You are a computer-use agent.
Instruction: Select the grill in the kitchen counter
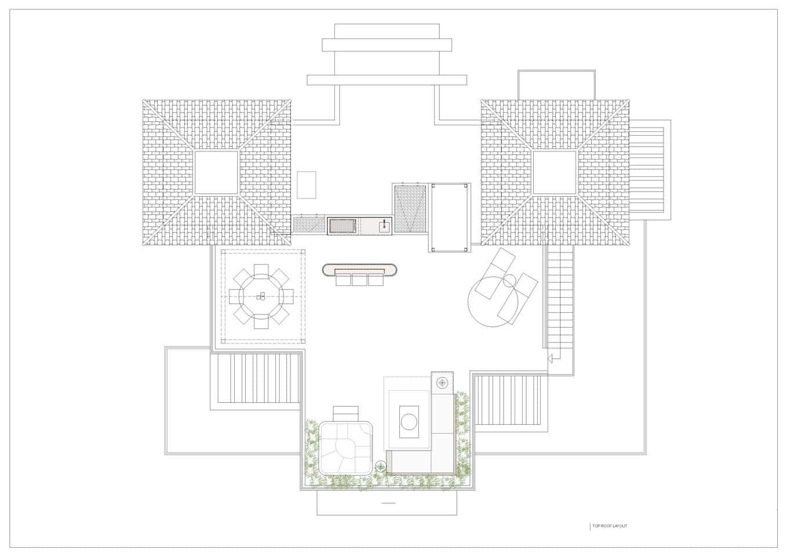pyautogui.click(x=343, y=226)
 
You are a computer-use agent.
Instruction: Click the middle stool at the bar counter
pyautogui.click(x=359, y=280)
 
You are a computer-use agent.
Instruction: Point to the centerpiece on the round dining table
pyautogui.click(x=260, y=296)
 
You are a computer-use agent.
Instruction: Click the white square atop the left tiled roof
pyautogui.click(x=216, y=172)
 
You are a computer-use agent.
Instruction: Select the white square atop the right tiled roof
pyautogui.click(x=555, y=172)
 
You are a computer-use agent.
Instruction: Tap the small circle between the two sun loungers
pyautogui.click(x=509, y=281)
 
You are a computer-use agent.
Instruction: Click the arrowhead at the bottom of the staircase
pyautogui.click(x=550, y=359)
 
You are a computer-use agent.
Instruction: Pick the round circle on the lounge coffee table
pyautogui.click(x=409, y=421)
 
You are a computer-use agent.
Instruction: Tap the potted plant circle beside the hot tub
pyautogui.click(x=381, y=466)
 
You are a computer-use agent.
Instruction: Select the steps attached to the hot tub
pyautogui.click(x=346, y=414)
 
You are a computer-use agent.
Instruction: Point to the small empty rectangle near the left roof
pyautogui.click(x=307, y=185)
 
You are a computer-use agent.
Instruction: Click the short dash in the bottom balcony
pyautogui.click(x=388, y=503)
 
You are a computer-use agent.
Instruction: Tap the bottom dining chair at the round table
pyautogui.click(x=261, y=323)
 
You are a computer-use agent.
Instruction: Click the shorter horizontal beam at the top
pyautogui.click(x=387, y=45)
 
